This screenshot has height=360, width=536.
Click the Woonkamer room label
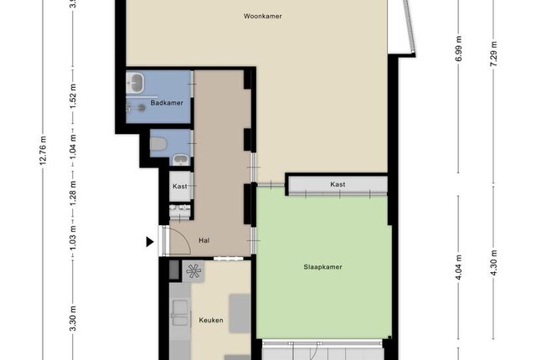pos(262,16)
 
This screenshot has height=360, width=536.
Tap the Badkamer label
pos(167,103)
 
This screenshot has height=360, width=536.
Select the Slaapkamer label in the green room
pos(322,267)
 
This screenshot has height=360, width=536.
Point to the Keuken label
pos(211,320)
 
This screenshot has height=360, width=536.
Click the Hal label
pos(204,240)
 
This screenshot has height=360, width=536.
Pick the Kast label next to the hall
pos(180,186)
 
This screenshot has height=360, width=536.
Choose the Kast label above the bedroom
pos(338,184)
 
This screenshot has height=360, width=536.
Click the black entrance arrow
pos(150,242)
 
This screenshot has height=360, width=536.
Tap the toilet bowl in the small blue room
pos(158,144)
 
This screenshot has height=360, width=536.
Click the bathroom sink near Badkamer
pos(136,82)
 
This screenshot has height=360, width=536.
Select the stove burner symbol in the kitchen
pos(193,271)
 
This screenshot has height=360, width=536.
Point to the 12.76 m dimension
pos(43,151)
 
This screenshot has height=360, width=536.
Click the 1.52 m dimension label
pos(73,96)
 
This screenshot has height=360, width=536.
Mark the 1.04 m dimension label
pos(73,147)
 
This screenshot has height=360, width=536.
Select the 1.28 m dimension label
pos(73,193)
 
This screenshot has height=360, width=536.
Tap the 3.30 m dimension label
pos(73,319)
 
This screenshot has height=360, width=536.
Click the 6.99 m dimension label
pos(459,49)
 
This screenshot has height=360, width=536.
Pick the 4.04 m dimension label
pos(459,267)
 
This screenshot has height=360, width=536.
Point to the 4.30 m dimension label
pos(493,263)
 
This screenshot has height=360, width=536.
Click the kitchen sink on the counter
pos(180,313)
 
